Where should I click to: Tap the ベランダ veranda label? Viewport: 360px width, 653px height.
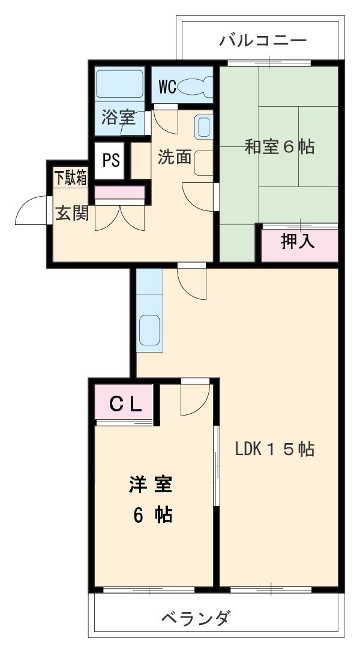pyautogui.click(x=196, y=618)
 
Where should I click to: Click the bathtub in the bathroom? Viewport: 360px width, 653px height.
pyautogui.click(x=119, y=83)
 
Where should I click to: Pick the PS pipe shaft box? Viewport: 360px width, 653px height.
pyautogui.click(x=110, y=161)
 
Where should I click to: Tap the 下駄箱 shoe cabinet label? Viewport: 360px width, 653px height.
pyautogui.click(x=70, y=178)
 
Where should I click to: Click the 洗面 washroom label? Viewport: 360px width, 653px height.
pyautogui.click(x=175, y=157)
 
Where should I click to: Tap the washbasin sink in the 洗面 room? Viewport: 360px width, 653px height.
pyautogui.click(x=204, y=127)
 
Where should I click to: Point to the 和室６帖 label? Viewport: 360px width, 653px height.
pyautogui.click(x=279, y=146)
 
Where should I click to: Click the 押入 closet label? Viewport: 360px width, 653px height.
pyautogui.click(x=298, y=242)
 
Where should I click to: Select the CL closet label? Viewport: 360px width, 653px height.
pyautogui.click(x=125, y=404)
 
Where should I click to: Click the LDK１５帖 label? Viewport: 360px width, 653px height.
pyautogui.click(x=274, y=449)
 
